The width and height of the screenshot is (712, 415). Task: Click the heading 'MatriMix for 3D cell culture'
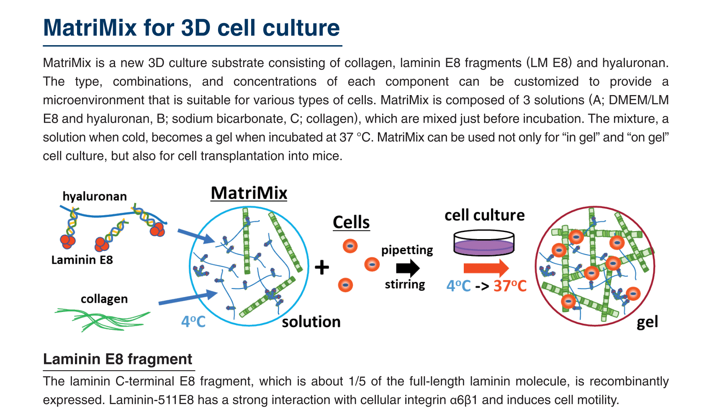191,28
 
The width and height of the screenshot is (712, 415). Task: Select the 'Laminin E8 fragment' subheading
118,359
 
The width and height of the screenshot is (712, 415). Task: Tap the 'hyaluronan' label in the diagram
95,196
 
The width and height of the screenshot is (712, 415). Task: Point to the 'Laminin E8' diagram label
82,260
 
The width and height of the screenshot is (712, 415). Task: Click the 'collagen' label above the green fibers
104,299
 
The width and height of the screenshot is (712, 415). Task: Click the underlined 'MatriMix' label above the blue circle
249,193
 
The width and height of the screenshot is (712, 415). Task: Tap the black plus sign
321,267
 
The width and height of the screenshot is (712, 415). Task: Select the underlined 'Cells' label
351,222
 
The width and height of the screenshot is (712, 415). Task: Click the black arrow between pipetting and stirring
408,268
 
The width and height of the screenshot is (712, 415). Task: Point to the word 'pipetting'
407,250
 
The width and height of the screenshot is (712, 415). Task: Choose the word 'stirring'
405,284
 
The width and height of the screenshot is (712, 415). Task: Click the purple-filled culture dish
484,243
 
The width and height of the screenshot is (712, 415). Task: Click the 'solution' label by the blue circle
311,322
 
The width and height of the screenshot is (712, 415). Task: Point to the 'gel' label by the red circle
647,322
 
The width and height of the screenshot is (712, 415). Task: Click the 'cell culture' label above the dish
484,215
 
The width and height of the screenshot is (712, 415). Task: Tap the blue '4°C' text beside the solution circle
193,322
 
